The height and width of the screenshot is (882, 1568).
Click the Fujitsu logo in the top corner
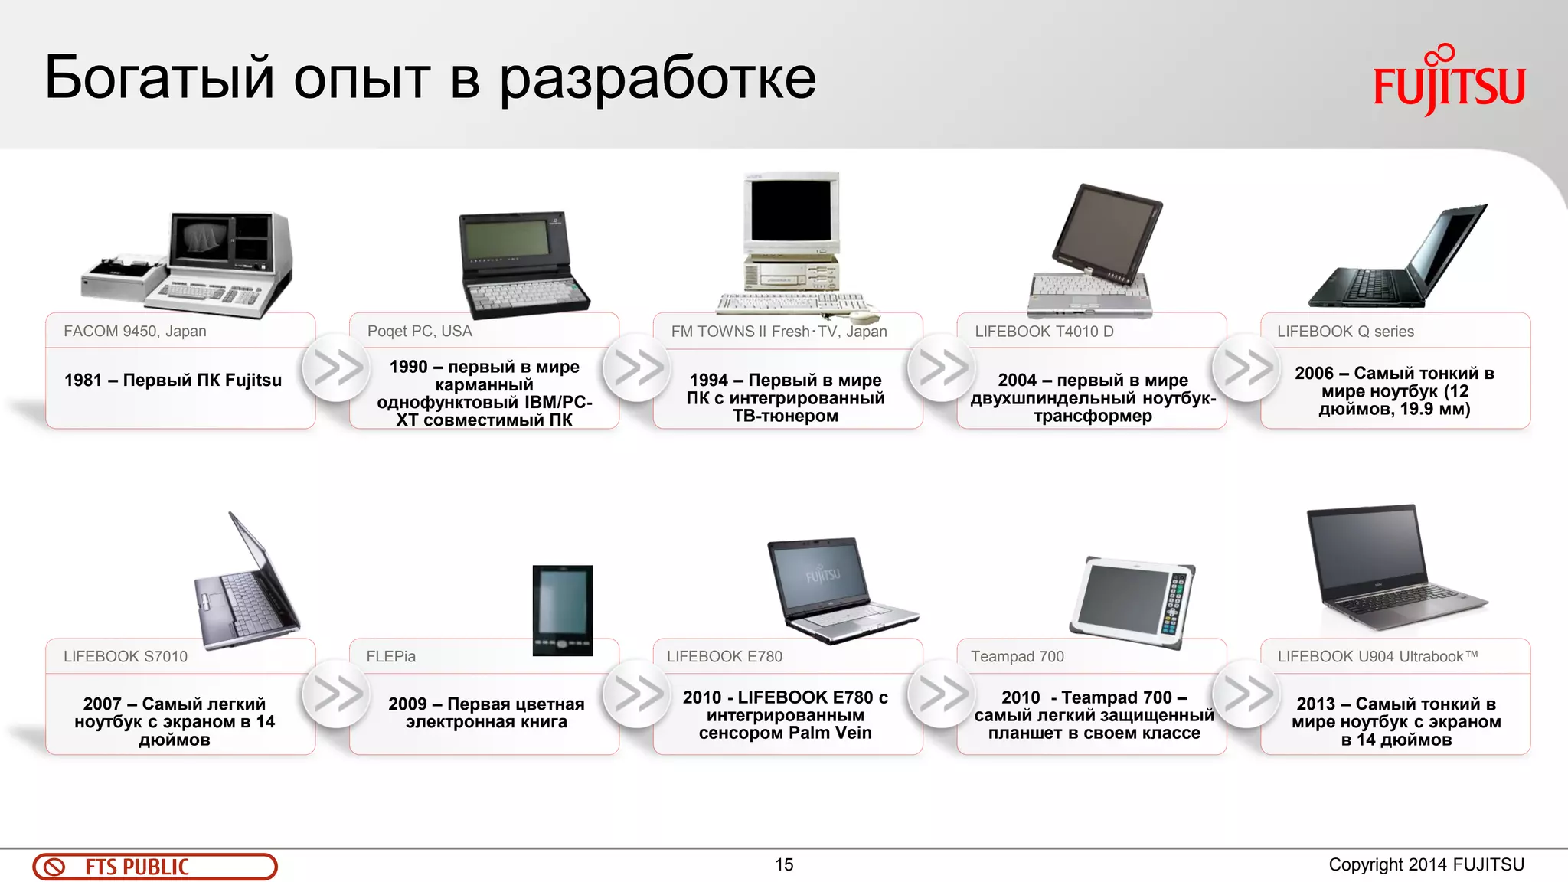(1449, 81)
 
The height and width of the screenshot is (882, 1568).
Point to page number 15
(784, 864)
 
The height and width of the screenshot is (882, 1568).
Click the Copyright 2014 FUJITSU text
(1426, 864)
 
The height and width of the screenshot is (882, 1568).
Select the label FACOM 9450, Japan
(135, 332)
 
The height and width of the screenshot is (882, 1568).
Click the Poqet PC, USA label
(420, 332)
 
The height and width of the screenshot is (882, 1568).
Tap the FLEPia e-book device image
(563, 609)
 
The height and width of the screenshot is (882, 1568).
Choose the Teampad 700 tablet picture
(1133, 602)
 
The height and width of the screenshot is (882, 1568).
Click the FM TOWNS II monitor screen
(791, 211)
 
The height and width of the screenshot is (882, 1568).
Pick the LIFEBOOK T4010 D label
(1044, 332)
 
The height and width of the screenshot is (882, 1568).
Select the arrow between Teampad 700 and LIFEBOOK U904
(1246, 694)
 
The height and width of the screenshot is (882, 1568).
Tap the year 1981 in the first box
(83, 381)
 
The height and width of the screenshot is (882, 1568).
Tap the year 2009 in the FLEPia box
(407, 704)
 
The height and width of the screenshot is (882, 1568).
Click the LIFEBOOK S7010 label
(126, 656)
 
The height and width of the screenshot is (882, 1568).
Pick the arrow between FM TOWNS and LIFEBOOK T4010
(942, 367)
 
